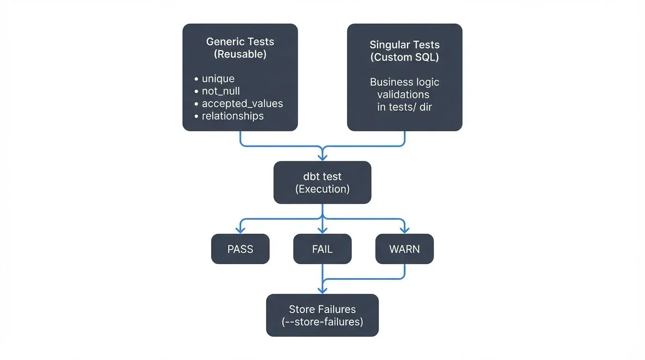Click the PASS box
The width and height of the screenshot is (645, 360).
(240, 249)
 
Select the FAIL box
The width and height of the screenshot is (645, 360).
(322, 249)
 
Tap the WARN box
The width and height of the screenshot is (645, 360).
(404, 249)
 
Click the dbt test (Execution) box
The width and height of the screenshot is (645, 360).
(322, 182)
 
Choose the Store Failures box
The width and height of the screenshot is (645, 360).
(322, 315)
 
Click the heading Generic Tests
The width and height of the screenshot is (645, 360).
(240, 42)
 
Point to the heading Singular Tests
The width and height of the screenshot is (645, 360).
(405, 45)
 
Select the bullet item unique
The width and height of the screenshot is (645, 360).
(218, 79)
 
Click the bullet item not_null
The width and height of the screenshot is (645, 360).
(221, 91)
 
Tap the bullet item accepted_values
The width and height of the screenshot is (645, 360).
(242, 104)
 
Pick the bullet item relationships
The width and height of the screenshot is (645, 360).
(232, 116)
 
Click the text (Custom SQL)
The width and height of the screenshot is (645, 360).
(405, 57)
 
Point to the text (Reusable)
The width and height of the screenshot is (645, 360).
(240, 54)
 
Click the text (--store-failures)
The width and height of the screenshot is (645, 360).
(322, 322)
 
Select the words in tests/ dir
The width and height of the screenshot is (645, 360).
(405, 107)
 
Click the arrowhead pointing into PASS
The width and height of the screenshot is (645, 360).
(240, 230)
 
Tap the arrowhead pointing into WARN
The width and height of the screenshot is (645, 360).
(404, 230)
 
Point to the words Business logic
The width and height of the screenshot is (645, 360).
(405, 82)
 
